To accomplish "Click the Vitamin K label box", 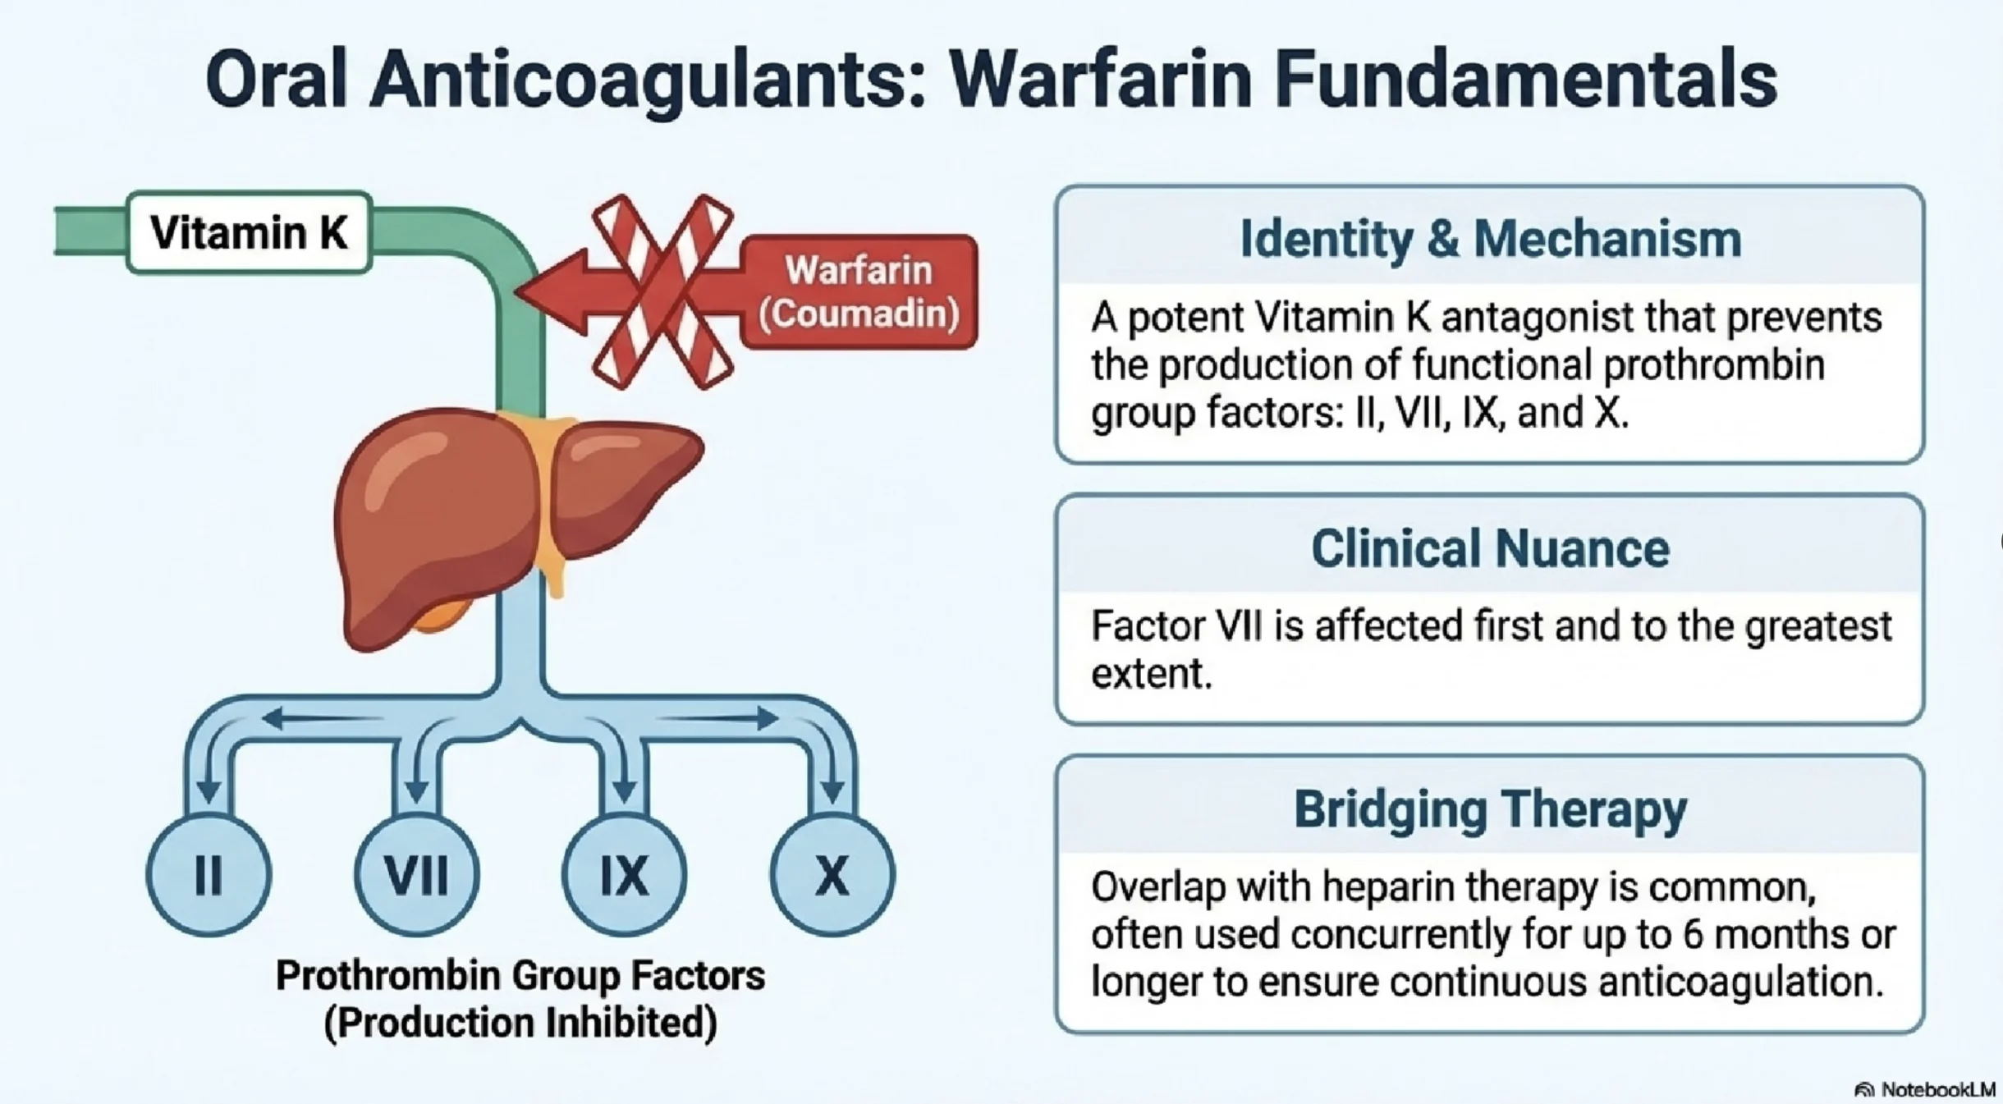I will (250, 232).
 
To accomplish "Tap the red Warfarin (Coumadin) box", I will (859, 291).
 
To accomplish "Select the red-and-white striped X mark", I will (662, 291).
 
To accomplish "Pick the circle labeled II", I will (209, 875).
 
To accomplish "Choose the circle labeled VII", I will (417, 875).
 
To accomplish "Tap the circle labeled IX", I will (625, 875).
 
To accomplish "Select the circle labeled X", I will (832, 875).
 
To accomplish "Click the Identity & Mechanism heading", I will (1490, 239).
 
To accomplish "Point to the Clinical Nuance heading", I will (1490, 548).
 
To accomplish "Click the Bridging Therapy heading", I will (1490, 809).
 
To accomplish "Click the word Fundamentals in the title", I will (1525, 80).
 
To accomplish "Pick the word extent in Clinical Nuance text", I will (1151, 674).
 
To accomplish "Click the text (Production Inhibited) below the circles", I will (520, 1023).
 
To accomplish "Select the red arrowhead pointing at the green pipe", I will (546, 291).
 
